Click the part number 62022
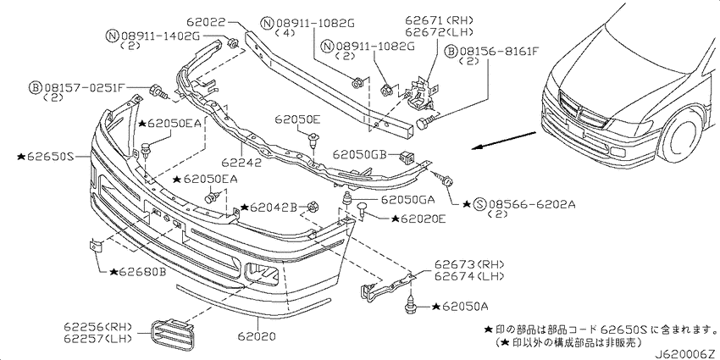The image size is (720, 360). click(x=207, y=21)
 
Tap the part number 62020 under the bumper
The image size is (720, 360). click(x=258, y=337)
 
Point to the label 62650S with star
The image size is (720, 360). click(x=46, y=157)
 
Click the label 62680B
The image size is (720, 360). click(x=138, y=272)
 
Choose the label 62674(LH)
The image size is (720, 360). click(x=469, y=276)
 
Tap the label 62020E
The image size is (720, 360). click(x=418, y=219)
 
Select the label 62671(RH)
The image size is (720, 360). click(x=439, y=20)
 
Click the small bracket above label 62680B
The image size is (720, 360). click(x=96, y=246)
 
